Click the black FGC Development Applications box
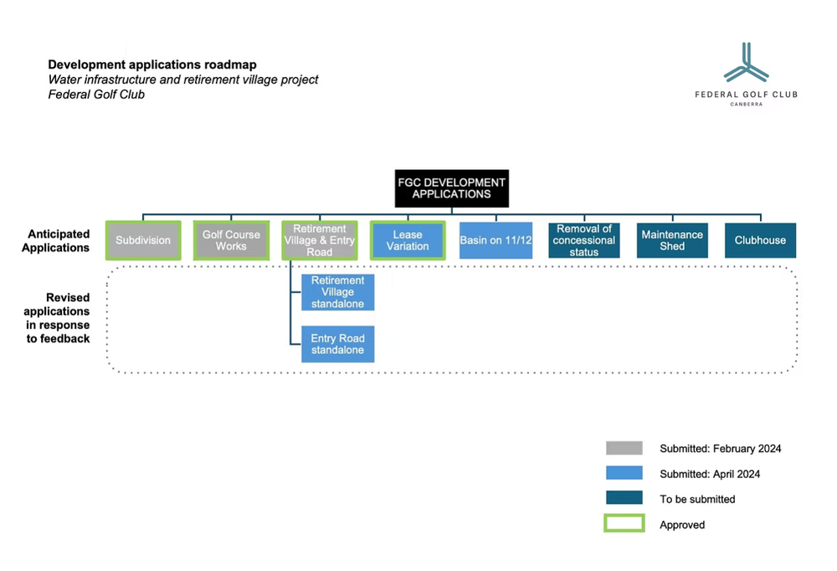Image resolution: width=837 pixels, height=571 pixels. pos(451,188)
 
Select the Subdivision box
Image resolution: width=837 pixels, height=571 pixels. pos(143,240)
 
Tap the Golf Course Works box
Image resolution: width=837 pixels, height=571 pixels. pos(231,240)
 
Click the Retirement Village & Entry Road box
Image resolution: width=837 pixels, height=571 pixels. pos(319,240)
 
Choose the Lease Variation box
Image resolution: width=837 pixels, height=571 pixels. pos(408,240)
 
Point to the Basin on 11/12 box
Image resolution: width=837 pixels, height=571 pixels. pos(496,240)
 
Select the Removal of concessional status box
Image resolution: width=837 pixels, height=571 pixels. pos(584,240)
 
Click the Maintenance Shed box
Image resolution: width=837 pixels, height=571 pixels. pos(672,240)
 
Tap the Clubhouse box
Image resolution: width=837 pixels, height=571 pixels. pos(760,240)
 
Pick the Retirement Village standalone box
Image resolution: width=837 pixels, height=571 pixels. pos(337,292)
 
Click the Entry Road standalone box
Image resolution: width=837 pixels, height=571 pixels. pos(337,344)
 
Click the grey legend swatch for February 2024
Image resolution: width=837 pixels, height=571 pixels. pos(624,449)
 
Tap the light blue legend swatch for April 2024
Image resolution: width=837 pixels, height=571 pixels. pos(624,474)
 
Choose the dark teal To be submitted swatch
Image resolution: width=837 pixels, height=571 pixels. pos(624,499)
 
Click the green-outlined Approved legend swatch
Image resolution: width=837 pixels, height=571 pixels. pos(624,524)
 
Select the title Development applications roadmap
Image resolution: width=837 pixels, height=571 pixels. pos(152,64)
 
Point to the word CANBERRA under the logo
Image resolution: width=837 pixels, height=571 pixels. pos(746,105)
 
